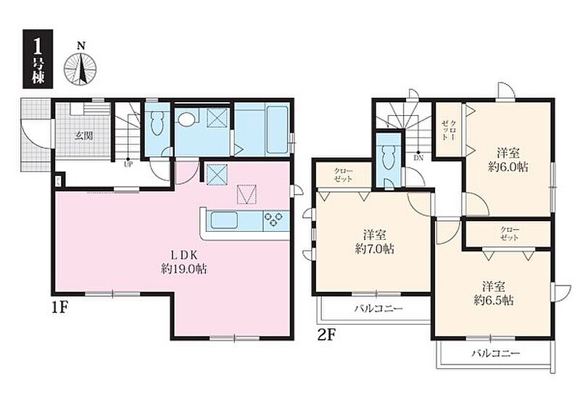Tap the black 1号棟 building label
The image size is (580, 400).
click(x=38, y=59)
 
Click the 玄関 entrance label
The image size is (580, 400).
click(x=83, y=136)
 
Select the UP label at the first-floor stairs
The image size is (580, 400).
click(x=128, y=164)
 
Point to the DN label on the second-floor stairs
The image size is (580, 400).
click(x=418, y=158)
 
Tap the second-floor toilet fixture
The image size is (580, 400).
click(x=388, y=157)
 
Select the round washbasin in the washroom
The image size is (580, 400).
click(x=186, y=119)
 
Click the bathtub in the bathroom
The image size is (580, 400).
click(x=277, y=129)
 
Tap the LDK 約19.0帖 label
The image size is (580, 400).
click(x=184, y=262)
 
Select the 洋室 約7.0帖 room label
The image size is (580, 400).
click(x=374, y=242)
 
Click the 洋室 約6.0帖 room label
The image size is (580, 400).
click(x=508, y=159)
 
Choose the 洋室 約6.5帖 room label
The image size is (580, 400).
click(x=494, y=293)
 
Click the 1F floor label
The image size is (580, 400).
click(x=60, y=308)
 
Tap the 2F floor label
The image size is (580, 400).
click(x=327, y=335)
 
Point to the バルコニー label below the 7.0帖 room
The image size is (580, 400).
click(x=378, y=307)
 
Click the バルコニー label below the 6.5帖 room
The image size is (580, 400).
click(x=496, y=354)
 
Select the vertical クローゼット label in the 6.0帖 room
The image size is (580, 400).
click(x=448, y=130)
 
